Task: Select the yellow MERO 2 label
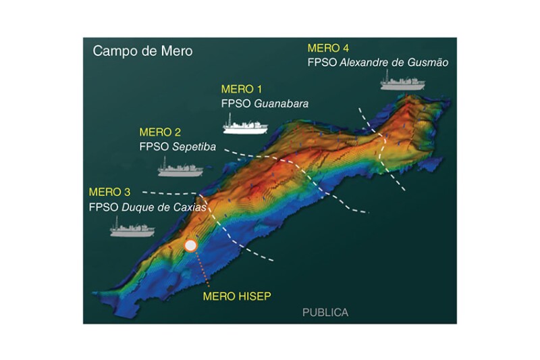coord(160,132)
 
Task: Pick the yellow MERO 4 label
coord(328,49)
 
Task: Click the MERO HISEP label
coord(234,295)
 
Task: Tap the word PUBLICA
coord(325,313)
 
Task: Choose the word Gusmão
coord(425,63)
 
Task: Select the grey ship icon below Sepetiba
coord(180,167)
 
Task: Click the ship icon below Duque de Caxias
coord(132,228)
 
